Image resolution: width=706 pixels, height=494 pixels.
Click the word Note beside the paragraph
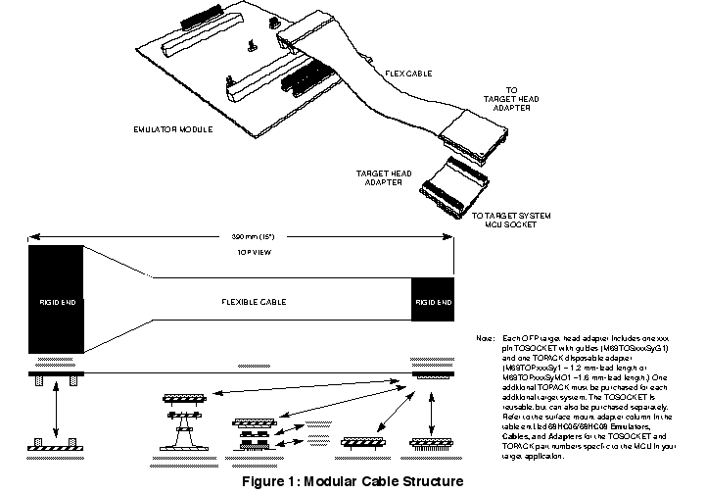pos(484,339)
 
